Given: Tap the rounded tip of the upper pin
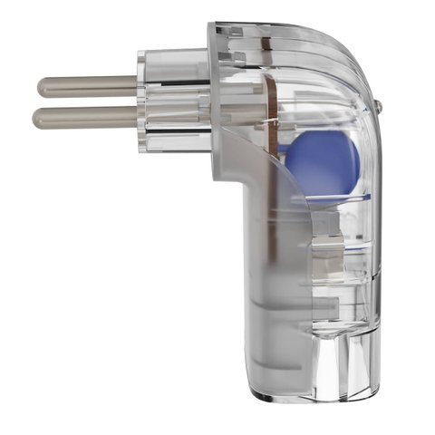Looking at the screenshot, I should tap(42, 86).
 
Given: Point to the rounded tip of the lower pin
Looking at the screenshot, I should tap(38, 116).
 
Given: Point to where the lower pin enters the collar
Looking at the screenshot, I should tap(141, 115).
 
